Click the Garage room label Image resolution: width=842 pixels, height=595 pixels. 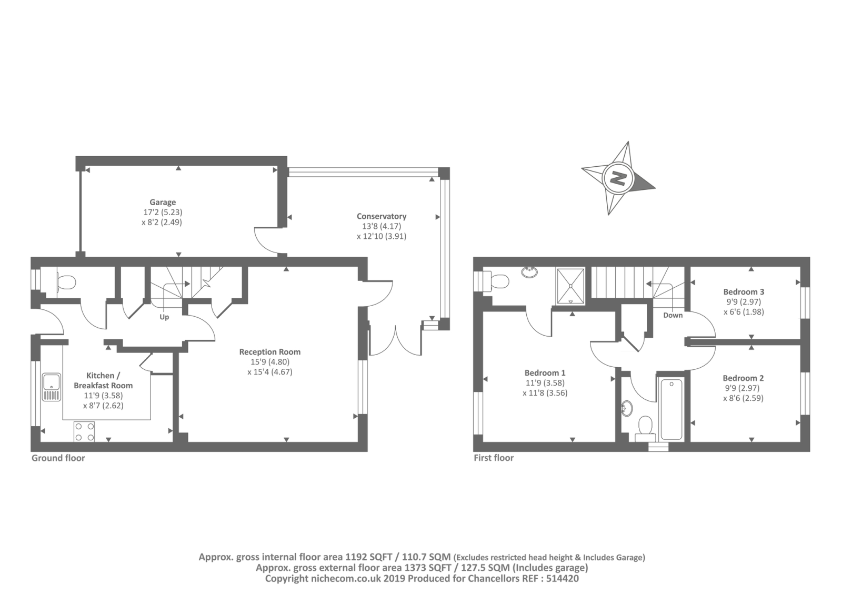(x=163, y=202)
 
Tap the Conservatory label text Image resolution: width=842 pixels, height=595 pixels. (x=382, y=216)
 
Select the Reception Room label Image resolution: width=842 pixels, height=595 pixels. (x=270, y=352)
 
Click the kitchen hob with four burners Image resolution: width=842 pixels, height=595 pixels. (x=84, y=431)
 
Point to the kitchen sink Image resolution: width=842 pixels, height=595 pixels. (x=51, y=387)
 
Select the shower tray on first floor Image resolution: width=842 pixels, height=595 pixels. (x=570, y=286)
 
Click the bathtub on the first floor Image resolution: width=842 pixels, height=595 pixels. (x=671, y=409)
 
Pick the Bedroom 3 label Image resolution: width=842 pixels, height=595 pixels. (x=744, y=291)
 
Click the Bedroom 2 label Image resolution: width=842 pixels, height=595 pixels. (x=743, y=378)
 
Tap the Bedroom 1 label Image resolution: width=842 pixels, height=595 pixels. (x=545, y=373)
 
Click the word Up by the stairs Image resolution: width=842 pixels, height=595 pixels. (x=164, y=317)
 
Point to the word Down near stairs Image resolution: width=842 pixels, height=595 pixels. (x=673, y=315)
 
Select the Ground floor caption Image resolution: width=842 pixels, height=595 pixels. (x=58, y=458)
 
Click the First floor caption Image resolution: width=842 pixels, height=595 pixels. (x=494, y=458)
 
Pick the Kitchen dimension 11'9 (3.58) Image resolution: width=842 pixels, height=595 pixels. (x=103, y=396)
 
